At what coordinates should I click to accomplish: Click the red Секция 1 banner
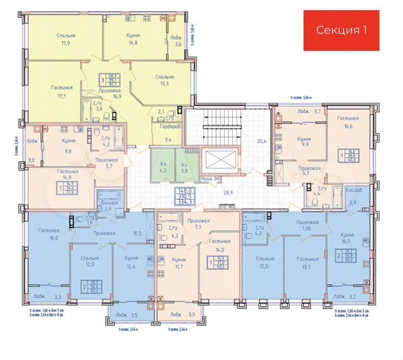pyautogui.click(x=341, y=30)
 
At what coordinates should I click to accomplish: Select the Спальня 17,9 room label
pyautogui.click(x=65, y=39)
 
